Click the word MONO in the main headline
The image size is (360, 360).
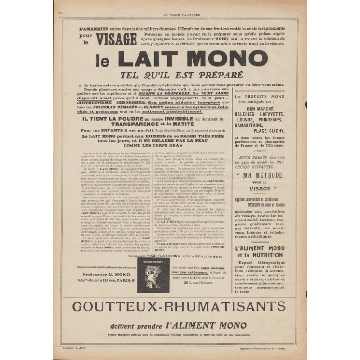(x=220, y=59)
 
